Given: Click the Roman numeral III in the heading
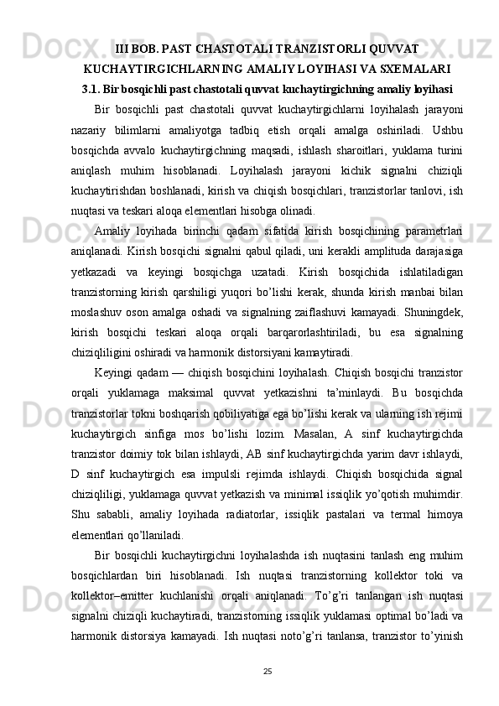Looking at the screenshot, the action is (123, 49).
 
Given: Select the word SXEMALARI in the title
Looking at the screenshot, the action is (413, 68).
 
